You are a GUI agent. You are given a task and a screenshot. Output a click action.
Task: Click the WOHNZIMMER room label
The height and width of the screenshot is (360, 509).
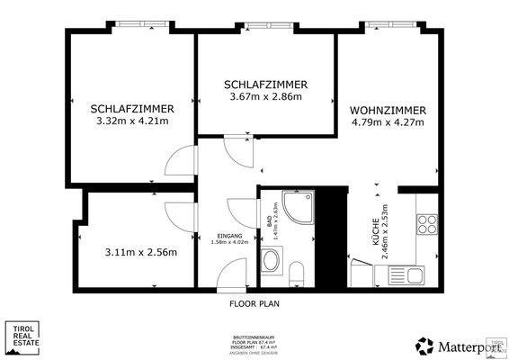[388, 110]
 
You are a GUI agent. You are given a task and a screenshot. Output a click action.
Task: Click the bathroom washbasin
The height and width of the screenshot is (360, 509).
[270, 262]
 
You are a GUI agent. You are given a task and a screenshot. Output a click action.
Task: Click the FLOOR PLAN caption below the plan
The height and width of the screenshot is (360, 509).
[254, 304]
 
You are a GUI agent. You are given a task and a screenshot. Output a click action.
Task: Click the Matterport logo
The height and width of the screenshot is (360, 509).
[450, 346]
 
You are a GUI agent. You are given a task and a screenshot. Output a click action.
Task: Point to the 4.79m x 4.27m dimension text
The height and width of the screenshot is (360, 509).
[388, 124]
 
